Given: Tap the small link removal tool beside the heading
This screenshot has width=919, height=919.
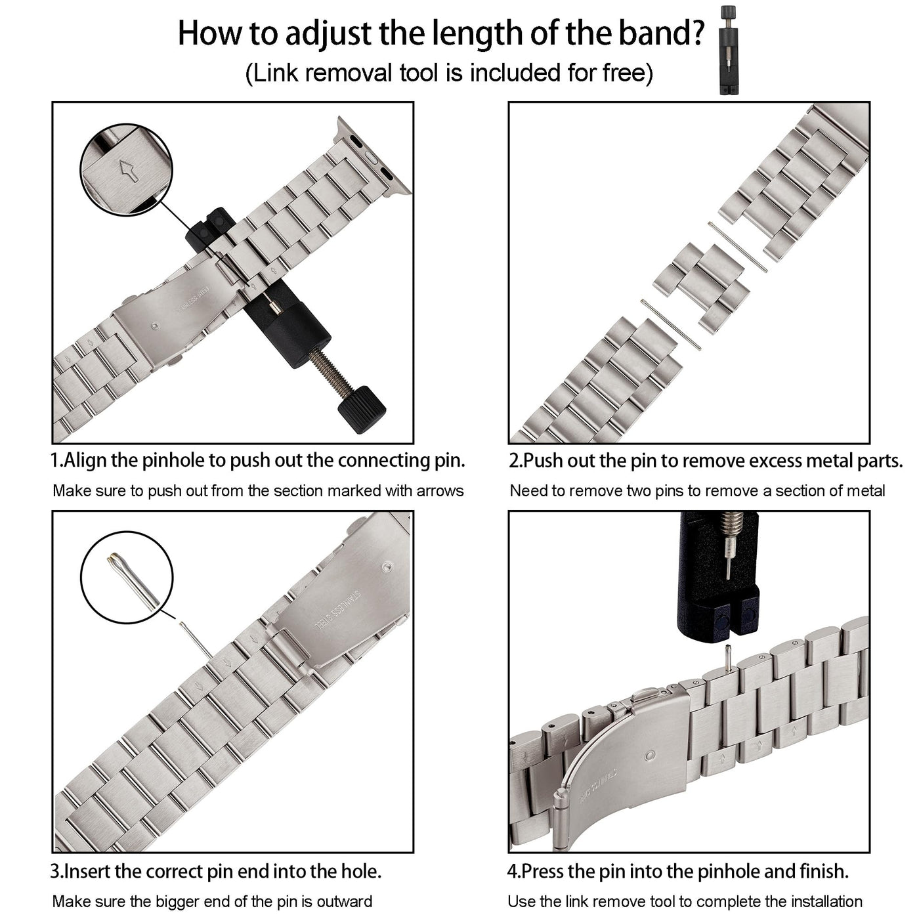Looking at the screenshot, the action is pyautogui.click(x=728, y=51).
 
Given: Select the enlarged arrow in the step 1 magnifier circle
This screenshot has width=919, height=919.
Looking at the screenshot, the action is pyautogui.click(x=128, y=171).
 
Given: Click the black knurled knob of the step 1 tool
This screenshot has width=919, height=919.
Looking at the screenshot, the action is pyautogui.click(x=362, y=409).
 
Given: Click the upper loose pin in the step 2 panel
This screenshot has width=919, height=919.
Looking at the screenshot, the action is pyautogui.click(x=737, y=247).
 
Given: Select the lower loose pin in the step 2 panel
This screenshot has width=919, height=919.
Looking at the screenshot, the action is pyautogui.click(x=670, y=325).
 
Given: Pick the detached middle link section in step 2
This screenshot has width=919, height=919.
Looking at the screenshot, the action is pyautogui.click(x=700, y=289).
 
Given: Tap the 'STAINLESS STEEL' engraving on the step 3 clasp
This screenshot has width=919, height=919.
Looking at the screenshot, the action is pyautogui.click(x=336, y=612).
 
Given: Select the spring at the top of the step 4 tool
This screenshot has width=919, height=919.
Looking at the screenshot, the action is pyautogui.click(x=731, y=524).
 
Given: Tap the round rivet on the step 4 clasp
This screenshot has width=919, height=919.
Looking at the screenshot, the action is pyautogui.click(x=649, y=756).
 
